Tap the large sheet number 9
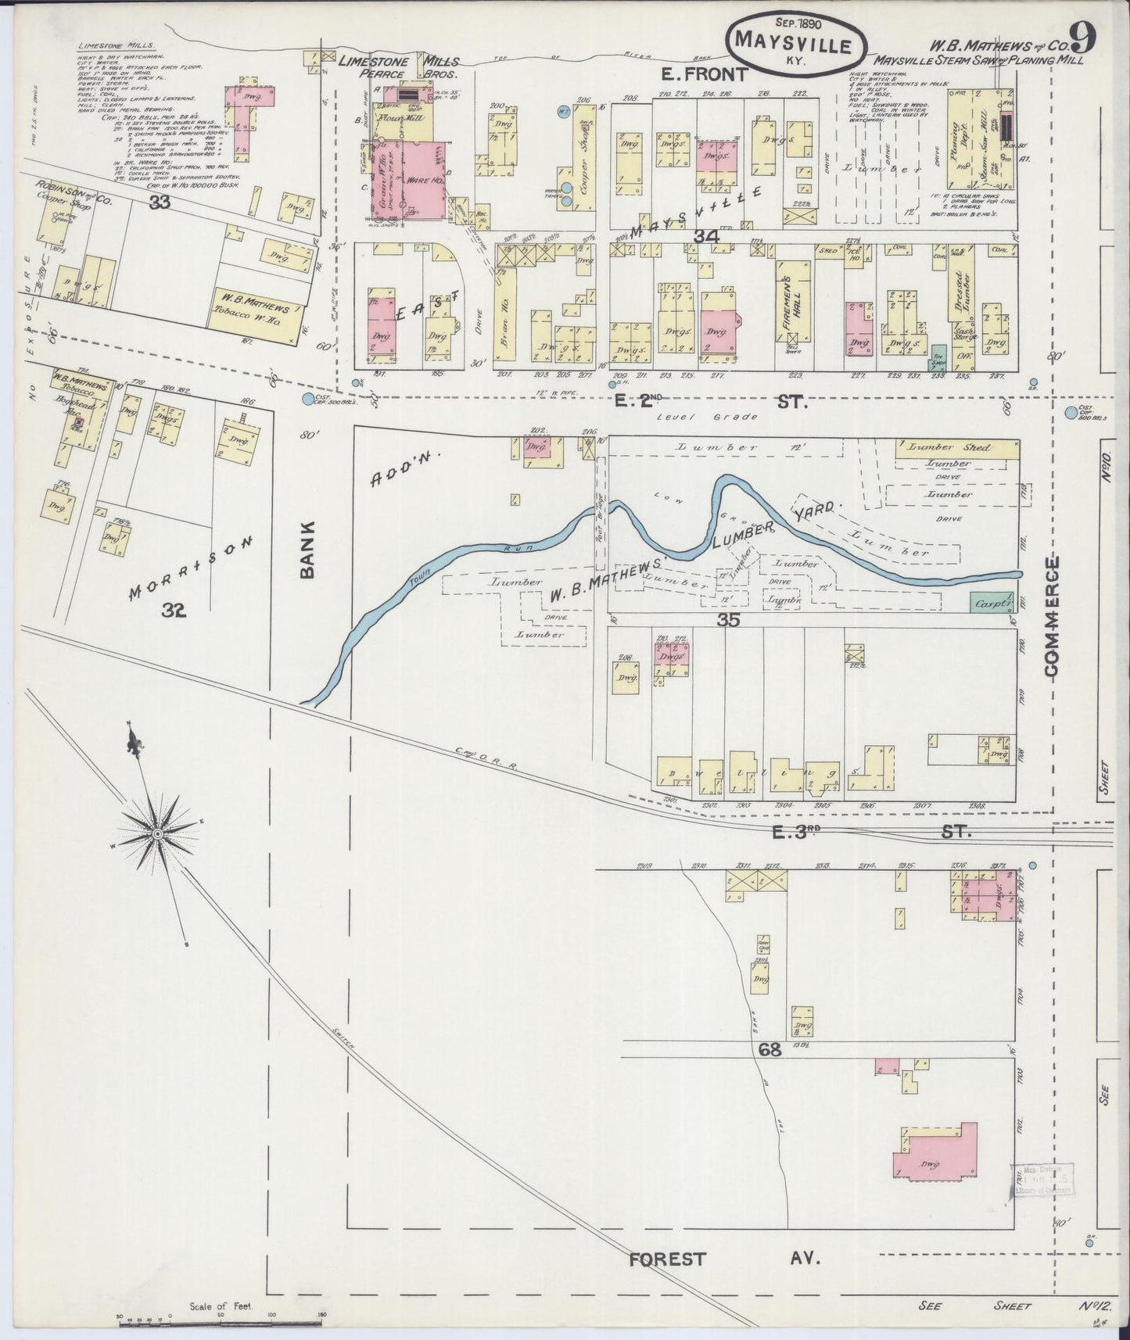[x=1083, y=37]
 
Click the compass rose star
[x=159, y=834]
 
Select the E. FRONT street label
[x=705, y=73]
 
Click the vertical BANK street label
[x=307, y=549]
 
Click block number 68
[x=769, y=1050]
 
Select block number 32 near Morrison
[x=174, y=611]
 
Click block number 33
[x=161, y=202]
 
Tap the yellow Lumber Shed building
[x=956, y=448]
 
